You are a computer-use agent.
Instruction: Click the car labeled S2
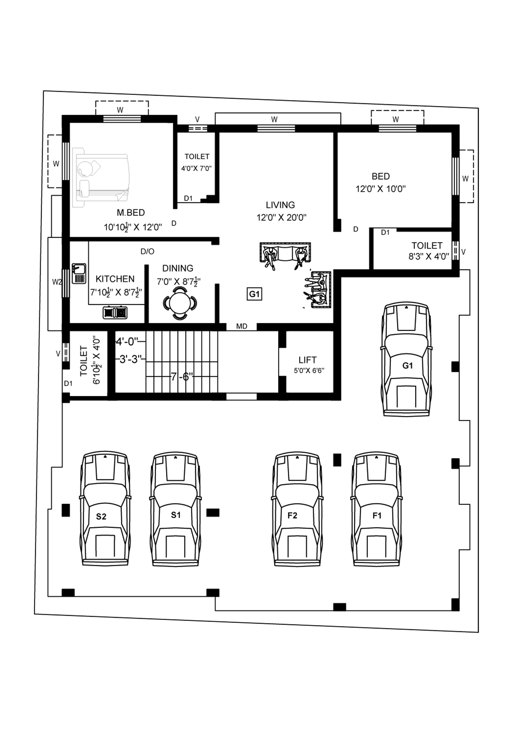pos(106,509)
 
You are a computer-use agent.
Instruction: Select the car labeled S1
pos(176,509)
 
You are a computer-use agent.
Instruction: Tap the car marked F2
pos(297,509)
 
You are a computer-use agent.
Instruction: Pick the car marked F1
pos(377,509)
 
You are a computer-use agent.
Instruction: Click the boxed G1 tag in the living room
pos(255,294)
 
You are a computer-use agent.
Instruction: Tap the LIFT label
pos(307,360)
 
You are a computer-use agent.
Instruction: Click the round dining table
pos(180,303)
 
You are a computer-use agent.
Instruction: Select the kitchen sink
pos(79,274)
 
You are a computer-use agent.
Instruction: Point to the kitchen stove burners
pos(115,313)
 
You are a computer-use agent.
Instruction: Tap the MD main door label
pos(242,326)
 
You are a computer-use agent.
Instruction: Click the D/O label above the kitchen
pos(147,251)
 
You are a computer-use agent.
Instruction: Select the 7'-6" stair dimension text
pos(182,376)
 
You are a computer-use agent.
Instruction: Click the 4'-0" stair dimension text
pos(127,342)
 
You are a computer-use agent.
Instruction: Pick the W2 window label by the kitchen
pos(57,282)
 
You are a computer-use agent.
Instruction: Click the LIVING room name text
pos(280,205)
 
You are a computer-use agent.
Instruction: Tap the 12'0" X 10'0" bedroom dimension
pos(381,189)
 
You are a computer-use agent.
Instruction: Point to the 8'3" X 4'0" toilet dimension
pos(429,257)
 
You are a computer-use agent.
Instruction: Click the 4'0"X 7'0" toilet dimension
pos(197,169)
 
